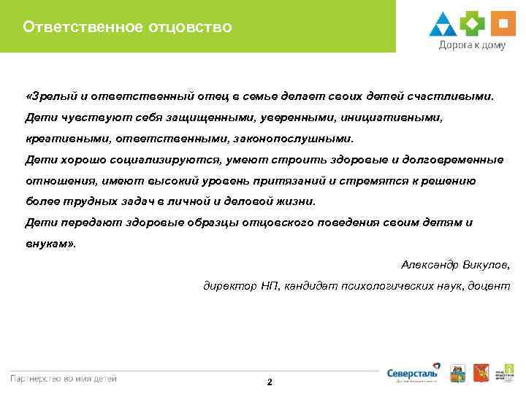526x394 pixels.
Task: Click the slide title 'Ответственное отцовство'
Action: (127, 28)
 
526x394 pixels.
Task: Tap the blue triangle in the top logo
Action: (443, 24)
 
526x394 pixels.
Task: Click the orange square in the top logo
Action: (501, 23)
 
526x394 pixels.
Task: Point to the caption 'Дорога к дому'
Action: (471, 45)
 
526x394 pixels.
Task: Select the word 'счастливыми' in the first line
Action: (452, 96)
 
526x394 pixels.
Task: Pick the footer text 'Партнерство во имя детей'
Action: (63, 378)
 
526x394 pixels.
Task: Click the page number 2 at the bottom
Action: (270, 382)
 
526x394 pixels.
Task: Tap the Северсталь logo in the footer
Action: (413, 373)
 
